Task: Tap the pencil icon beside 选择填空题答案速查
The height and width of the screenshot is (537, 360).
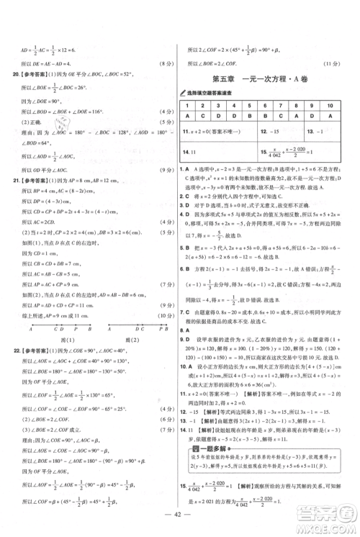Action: coord(189,93)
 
